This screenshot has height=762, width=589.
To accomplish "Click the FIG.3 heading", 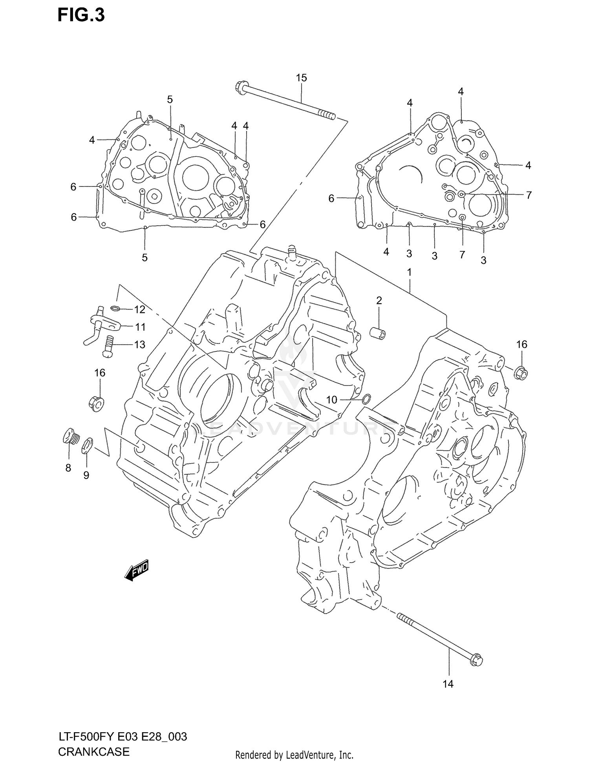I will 81,15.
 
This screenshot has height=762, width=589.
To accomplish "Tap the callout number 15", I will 301,78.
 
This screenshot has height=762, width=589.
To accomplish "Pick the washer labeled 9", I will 87,446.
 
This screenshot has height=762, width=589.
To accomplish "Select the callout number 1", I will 409,272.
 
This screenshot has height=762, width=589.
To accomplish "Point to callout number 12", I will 139,310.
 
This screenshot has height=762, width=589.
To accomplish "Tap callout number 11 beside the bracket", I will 140,327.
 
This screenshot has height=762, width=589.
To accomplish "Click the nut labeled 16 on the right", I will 521,372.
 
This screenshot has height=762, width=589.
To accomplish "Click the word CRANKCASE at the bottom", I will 93,751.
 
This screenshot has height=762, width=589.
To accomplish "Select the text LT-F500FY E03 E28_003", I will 123,736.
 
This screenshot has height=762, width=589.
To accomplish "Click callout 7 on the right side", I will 529,195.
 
